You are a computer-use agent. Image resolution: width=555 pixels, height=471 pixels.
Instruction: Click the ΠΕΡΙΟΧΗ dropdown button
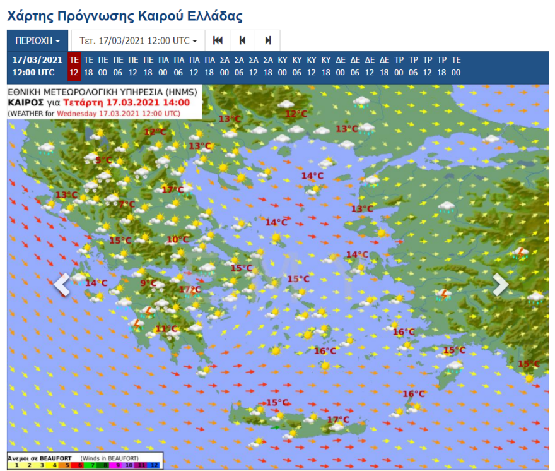[37, 40]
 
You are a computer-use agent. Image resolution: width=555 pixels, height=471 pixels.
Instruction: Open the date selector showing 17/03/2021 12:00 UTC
[138, 40]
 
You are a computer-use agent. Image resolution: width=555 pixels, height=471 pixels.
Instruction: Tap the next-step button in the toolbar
[267, 40]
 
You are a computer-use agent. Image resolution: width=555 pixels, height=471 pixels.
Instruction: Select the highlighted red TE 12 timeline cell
[74, 66]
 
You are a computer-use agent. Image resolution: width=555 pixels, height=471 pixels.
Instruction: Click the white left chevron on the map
[61, 285]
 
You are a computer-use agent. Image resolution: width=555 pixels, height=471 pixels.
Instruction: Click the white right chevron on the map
[500, 285]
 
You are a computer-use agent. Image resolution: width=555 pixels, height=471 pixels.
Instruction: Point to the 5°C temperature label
[103, 160]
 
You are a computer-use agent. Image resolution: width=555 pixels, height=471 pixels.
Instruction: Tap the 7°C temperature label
[127, 205]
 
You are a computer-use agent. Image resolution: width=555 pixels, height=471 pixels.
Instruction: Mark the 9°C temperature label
[148, 283]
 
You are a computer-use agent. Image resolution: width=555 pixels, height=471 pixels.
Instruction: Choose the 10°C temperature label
[177, 239]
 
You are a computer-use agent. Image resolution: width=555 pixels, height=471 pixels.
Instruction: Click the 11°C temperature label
[166, 329]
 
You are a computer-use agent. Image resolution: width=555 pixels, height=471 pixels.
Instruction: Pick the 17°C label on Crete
[338, 420]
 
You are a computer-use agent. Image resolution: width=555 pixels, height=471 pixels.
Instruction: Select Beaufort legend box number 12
[155, 465]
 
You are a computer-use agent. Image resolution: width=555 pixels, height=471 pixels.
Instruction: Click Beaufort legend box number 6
[80, 465]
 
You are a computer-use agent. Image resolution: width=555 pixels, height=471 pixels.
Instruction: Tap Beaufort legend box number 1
[14, 465]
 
